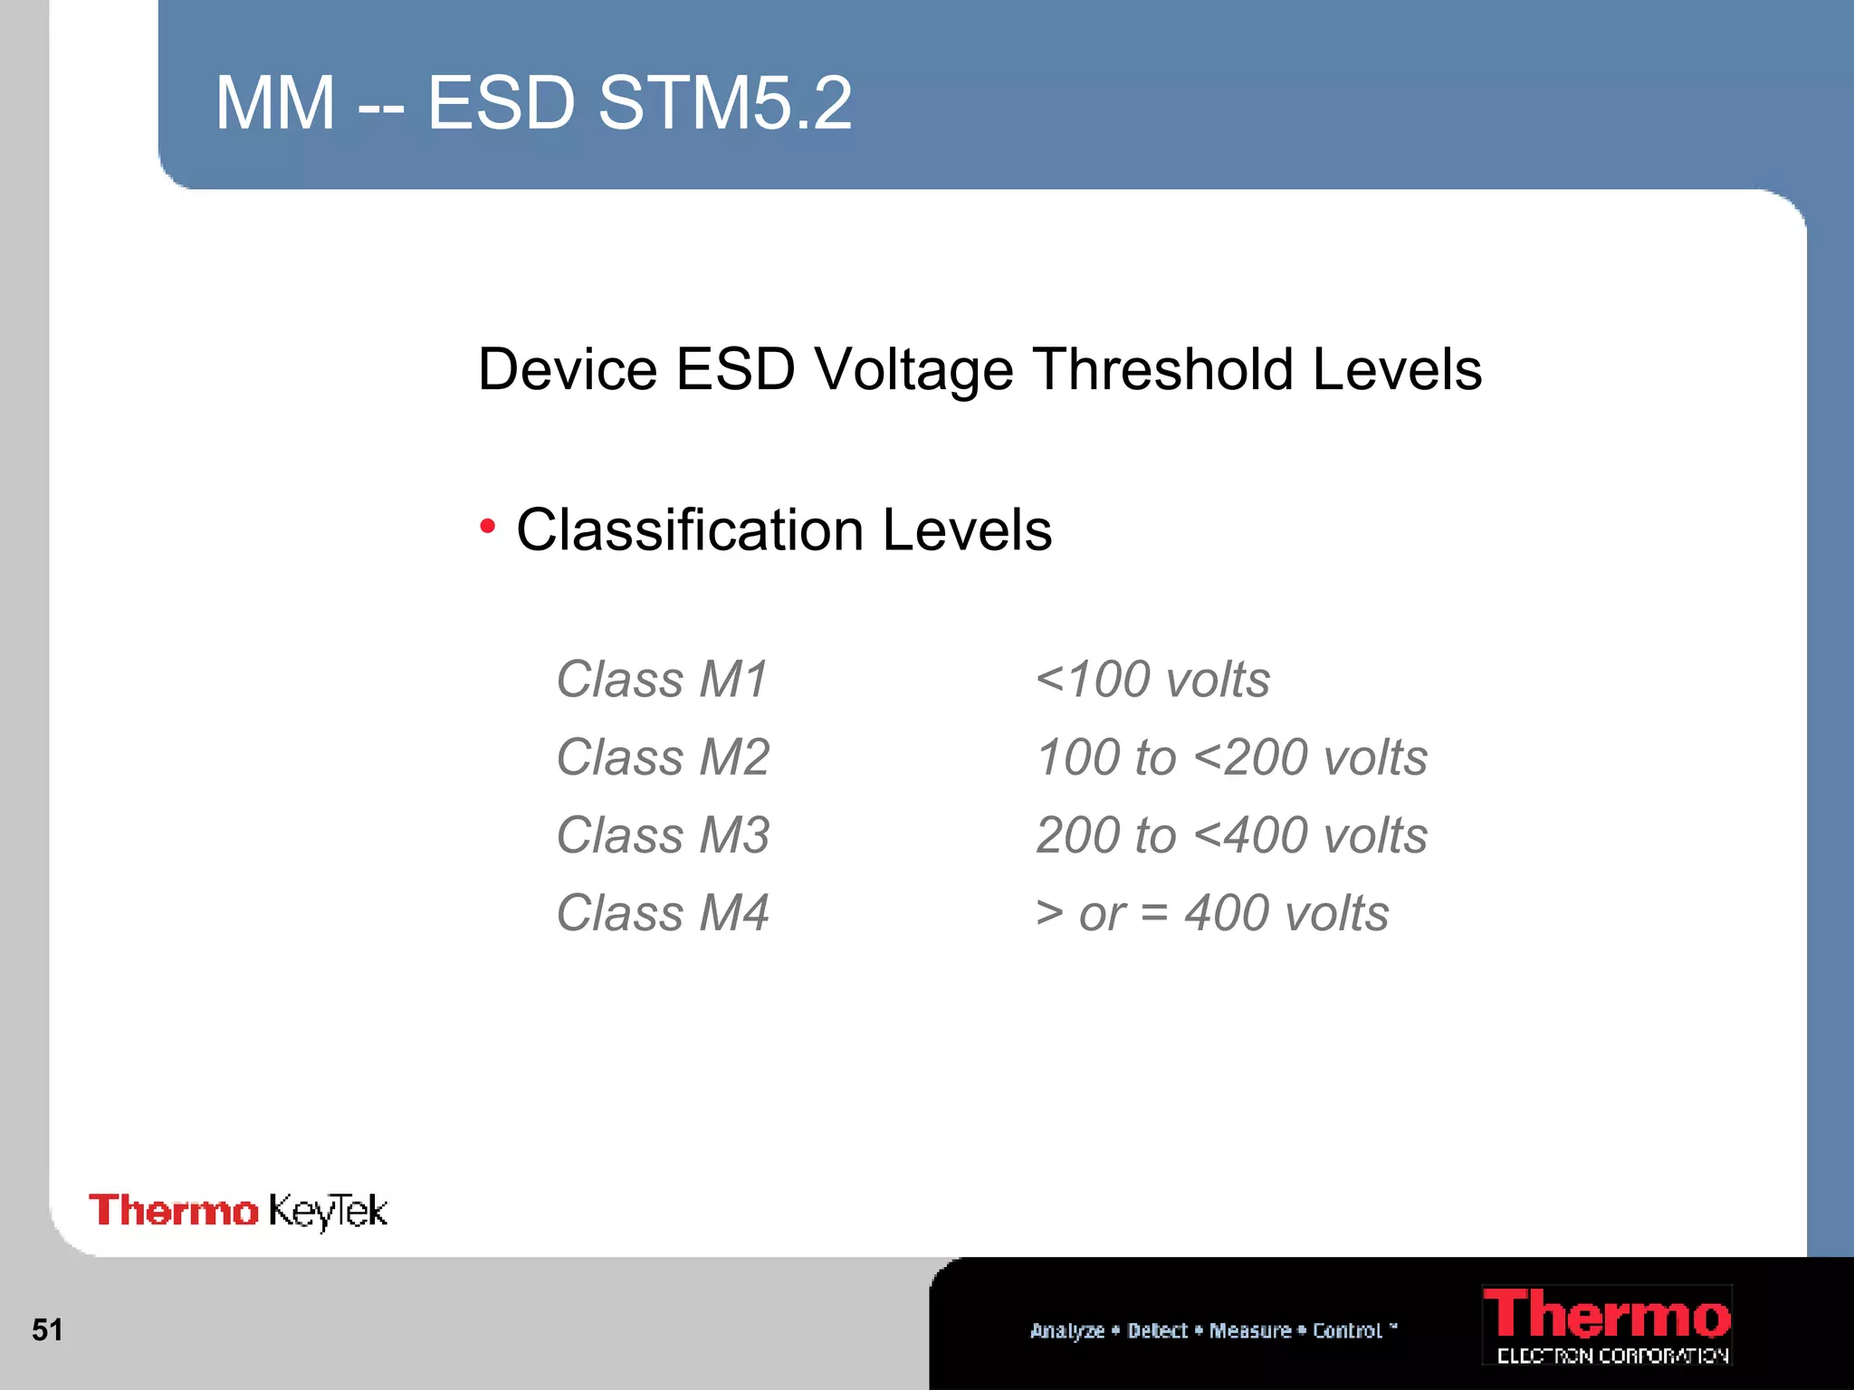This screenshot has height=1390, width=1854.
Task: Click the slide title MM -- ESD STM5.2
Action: click(x=533, y=103)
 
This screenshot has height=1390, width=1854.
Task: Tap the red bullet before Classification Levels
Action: click(x=488, y=526)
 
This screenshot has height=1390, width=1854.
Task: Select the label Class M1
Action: click(x=662, y=680)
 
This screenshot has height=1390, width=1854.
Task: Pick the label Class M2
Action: click(x=663, y=757)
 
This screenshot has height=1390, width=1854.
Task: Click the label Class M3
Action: click(x=663, y=835)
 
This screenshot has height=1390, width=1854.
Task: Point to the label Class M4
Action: click(x=663, y=913)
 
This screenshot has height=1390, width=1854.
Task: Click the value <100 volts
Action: click(x=1152, y=680)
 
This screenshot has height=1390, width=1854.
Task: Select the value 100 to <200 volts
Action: click(x=1231, y=757)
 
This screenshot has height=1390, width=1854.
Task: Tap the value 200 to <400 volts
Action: click(x=1231, y=835)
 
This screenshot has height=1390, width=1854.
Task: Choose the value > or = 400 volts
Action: click(x=1211, y=913)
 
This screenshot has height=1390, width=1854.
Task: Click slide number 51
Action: click(x=47, y=1329)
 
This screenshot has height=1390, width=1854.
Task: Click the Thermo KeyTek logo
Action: click(x=238, y=1211)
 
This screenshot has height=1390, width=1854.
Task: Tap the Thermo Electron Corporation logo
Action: click(x=1607, y=1325)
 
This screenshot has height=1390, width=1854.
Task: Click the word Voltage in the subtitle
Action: click(x=913, y=370)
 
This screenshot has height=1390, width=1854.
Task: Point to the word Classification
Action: click(x=690, y=529)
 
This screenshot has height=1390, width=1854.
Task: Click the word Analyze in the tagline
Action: click(x=1067, y=1330)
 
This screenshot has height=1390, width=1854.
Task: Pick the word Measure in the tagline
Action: click(x=1250, y=1330)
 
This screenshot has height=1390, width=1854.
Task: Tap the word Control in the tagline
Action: click(x=1347, y=1330)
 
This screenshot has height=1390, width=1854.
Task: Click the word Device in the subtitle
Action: click(x=568, y=369)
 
